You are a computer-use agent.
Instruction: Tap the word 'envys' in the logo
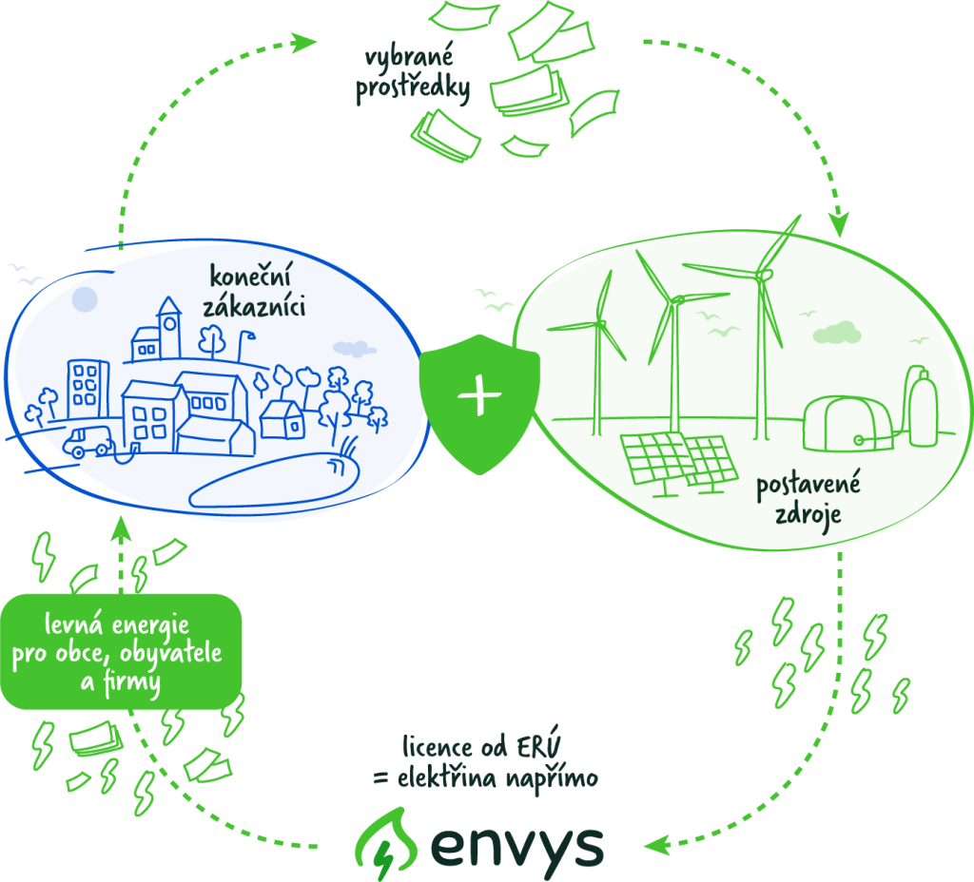(x=518, y=843)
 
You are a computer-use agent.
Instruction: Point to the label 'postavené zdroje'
(x=808, y=500)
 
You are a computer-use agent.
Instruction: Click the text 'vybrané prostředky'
(x=414, y=74)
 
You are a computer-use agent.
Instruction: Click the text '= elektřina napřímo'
(x=484, y=777)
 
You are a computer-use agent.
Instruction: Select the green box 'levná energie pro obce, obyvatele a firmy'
(x=121, y=652)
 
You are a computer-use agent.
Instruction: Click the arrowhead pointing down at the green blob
(x=838, y=227)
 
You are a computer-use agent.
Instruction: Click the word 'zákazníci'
(x=254, y=307)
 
